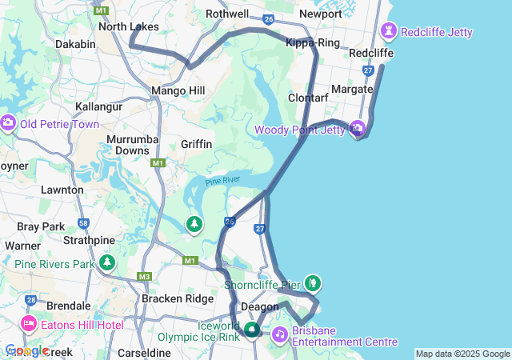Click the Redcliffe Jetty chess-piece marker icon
[x=390, y=32]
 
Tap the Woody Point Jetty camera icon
[x=358, y=129]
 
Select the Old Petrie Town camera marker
[x=9, y=123]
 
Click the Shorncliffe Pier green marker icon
[x=313, y=282]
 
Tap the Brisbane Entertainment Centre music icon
[x=281, y=334]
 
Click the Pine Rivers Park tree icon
[x=108, y=262]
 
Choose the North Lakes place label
[x=128, y=27]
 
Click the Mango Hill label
[x=178, y=91]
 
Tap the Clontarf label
[x=309, y=98]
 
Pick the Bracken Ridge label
[x=178, y=298]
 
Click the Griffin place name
[x=197, y=144]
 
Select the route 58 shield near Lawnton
[x=84, y=223]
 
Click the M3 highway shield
[x=144, y=277]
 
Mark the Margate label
[x=353, y=89]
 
